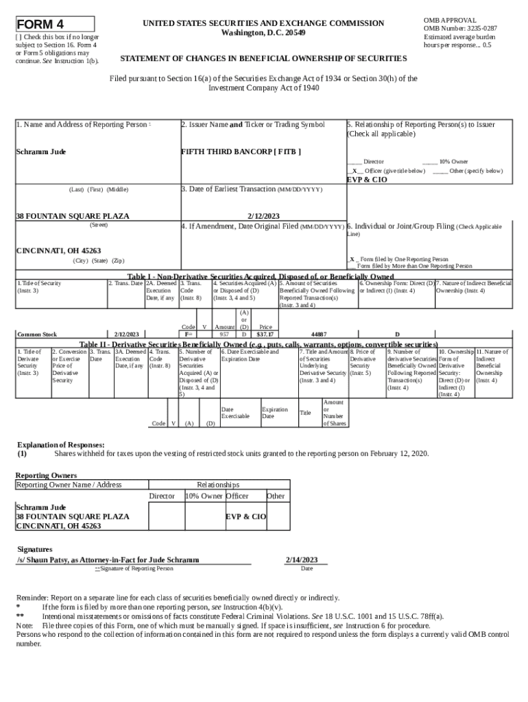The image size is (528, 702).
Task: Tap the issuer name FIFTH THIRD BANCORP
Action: pyautogui.click(x=240, y=151)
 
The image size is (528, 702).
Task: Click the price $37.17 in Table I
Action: pyautogui.click(x=265, y=335)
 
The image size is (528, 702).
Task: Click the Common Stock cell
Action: pyautogui.click(x=37, y=335)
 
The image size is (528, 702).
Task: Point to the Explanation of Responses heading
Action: pyautogui.click(x=60, y=444)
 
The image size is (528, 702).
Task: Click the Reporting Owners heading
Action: pyautogui.click(x=46, y=475)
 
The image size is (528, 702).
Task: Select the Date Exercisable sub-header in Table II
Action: pyautogui.click(x=235, y=413)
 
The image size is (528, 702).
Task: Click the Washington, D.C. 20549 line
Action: pyautogui.click(x=264, y=33)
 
